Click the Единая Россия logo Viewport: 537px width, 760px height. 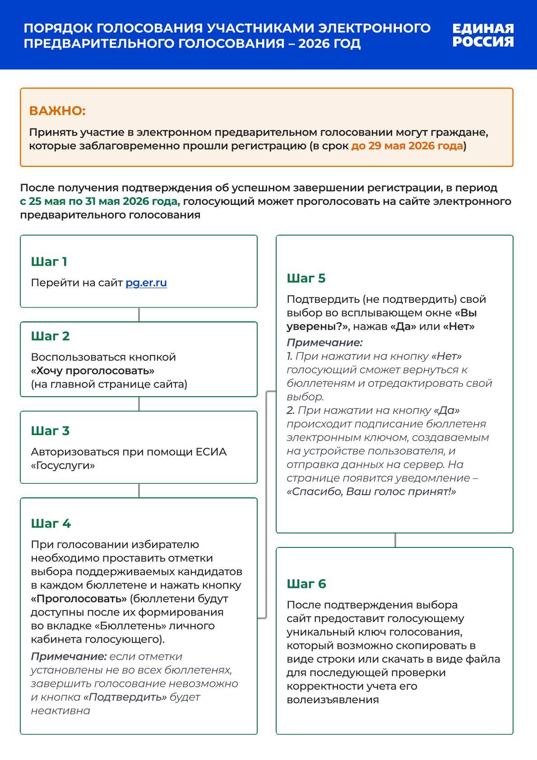coord(483,35)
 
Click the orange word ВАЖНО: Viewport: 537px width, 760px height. coord(57,111)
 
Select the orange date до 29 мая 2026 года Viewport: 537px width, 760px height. coord(407,146)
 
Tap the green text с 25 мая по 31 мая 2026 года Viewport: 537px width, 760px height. coord(100,201)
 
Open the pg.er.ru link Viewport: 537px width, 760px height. coord(146,283)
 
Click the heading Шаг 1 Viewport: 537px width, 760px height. coord(49,262)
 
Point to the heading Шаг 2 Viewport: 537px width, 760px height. coord(50,336)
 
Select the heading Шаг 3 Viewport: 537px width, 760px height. coord(50,431)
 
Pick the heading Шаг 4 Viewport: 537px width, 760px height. coord(51,524)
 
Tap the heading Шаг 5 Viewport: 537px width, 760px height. coord(306,278)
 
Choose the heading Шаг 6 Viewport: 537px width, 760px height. coord(306,584)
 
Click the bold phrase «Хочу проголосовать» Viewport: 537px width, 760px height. coord(93,371)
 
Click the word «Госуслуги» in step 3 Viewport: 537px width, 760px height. coord(63,466)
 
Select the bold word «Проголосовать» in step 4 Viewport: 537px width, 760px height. coord(79,599)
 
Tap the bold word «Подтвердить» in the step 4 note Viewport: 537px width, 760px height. coord(125,697)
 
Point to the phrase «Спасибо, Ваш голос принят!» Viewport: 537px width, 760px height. coord(371,492)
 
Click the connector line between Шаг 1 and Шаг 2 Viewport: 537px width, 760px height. coord(139,315)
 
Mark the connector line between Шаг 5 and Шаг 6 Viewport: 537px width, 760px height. coord(395,540)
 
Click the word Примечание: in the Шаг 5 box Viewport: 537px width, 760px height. coord(324,343)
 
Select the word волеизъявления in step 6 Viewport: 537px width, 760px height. coord(333,700)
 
